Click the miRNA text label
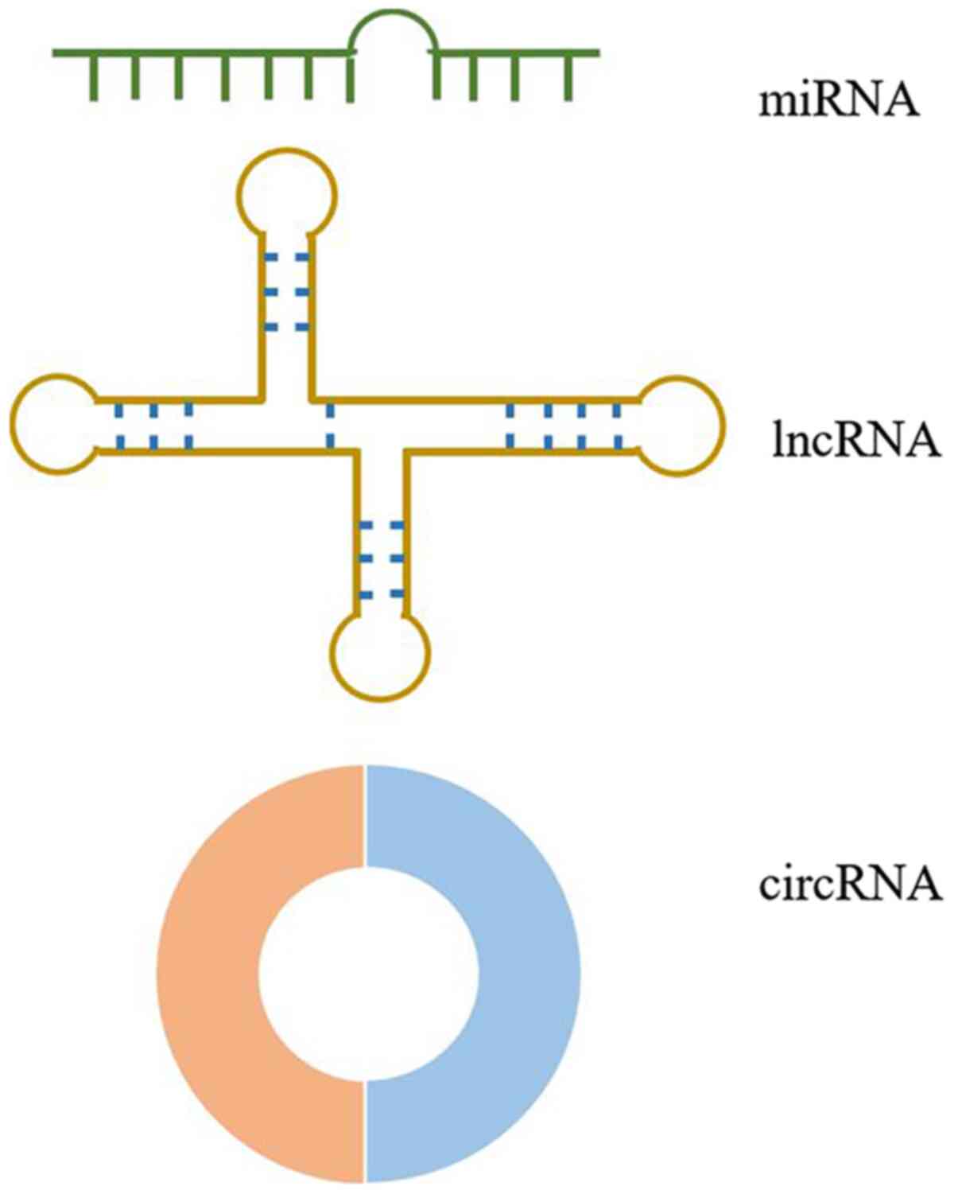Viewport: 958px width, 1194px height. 838,102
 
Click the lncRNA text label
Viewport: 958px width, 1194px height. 856,441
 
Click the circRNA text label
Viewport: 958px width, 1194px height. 850,884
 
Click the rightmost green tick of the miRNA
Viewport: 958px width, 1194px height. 568,76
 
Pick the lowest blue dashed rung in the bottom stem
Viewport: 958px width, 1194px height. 382,593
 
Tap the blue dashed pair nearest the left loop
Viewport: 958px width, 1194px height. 119,425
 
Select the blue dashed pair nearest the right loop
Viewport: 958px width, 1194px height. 617,425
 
